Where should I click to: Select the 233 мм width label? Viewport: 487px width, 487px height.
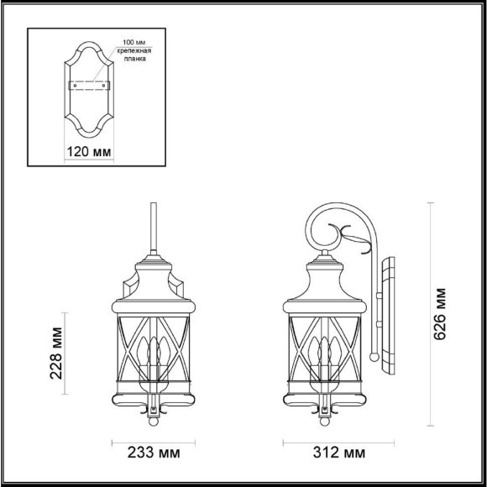tap(154, 454)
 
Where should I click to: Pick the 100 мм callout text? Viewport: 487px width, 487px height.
tap(134, 42)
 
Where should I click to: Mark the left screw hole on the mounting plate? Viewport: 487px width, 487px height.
tap(76, 86)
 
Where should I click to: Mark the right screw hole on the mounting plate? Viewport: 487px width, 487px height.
tap(104, 86)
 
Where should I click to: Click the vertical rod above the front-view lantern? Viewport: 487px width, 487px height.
tap(154, 227)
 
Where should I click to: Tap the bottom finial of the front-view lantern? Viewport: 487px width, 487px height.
tap(154, 411)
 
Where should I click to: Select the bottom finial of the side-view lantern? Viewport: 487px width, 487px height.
tap(326, 411)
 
